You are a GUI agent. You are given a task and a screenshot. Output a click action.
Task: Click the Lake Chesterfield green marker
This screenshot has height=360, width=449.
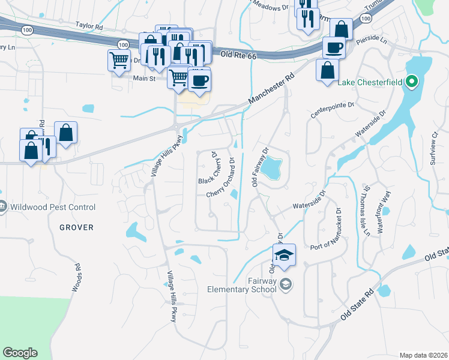pos(412,82)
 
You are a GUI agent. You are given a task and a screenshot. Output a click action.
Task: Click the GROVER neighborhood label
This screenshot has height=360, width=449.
pos(76,227)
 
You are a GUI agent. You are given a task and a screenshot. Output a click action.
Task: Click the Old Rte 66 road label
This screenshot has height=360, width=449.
pos(238,55)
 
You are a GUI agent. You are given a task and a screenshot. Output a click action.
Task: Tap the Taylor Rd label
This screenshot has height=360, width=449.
pos(90,26)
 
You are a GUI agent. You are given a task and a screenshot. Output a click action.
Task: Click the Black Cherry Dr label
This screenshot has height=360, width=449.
pos(208,168)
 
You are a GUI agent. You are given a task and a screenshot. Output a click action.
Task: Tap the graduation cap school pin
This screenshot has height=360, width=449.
pos(284,254)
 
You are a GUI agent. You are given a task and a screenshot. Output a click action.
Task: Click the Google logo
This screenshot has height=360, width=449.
pos(20,353)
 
